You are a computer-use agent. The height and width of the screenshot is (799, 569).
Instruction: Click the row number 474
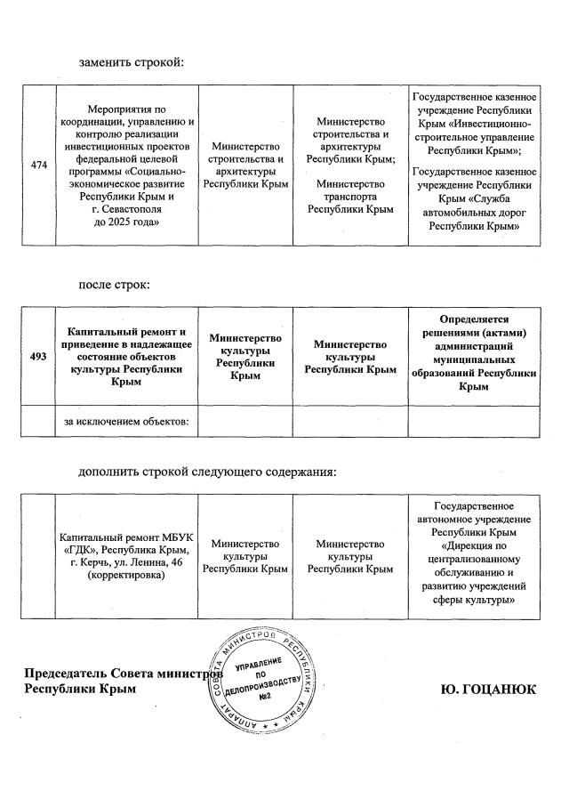pyautogui.click(x=38, y=165)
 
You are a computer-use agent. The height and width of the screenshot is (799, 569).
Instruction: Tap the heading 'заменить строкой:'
pyautogui.click(x=131, y=63)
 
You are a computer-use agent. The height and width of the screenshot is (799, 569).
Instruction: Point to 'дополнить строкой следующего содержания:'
pyautogui.click(x=208, y=471)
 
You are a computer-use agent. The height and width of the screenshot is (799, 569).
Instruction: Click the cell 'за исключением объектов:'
pyautogui.click(x=125, y=421)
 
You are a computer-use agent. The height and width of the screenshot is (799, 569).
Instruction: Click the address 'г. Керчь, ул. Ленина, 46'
pyautogui.click(x=125, y=565)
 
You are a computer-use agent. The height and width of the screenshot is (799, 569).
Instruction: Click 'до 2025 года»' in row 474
pyautogui.click(x=125, y=221)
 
